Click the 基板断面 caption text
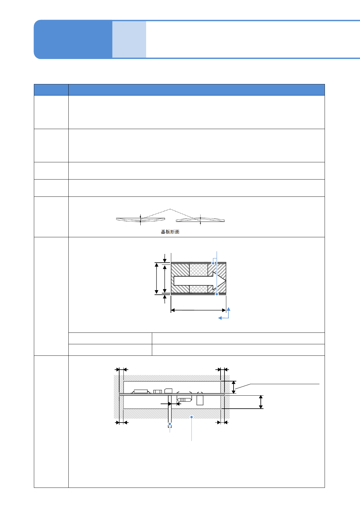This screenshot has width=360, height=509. pyautogui.click(x=170, y=232)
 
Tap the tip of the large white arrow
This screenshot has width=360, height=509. pyautogui.click(x=226, y=281)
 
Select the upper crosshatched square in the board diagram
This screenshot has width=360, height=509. pyautogui.click(x=198, y=270)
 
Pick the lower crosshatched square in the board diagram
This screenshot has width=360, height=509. pyautogui.click(x=198, y=289)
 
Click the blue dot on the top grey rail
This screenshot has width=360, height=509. pyautogui.click(x=213, y=263)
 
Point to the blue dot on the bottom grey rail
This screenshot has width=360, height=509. pyautogui.click(x=217, y=294)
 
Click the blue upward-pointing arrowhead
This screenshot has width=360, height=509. pyautogui.click(x=229, y=309)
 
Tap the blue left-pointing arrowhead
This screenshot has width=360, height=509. pyautogui.click(x=220, y=318)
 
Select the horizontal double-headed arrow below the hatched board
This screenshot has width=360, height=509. pyautogui.click(x=198, y=310)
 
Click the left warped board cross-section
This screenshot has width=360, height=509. pyautogui.click(x=140, y=219)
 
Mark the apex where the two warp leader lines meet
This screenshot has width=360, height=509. pyautogui.click(x=170, y=209)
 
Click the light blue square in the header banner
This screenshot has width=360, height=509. pyautogui.click(x=129, y=39)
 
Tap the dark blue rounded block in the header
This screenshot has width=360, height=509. pyautogui.click(x=73, y=39)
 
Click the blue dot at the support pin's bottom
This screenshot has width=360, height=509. pyautogui.click(x=170, y=424)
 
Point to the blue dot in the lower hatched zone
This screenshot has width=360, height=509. pyautogui.click(x=191, y=417)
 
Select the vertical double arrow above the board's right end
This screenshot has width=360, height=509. pyautogui.click(x=234, y=387)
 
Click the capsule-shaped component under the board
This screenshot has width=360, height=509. pyautogui.click(x=184, y=400)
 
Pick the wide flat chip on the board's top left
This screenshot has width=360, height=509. pyautogui.click(x=141, y=391)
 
